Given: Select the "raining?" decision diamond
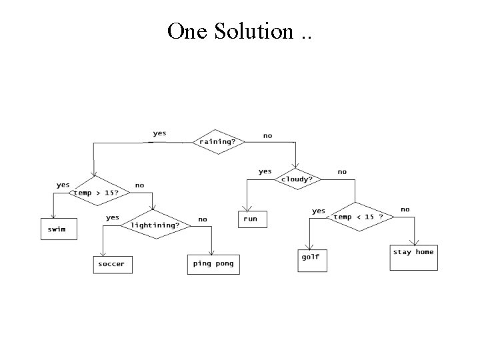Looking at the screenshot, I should (219, 142).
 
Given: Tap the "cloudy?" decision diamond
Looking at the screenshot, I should (297, 179).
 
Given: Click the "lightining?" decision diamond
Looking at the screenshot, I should (155, 225).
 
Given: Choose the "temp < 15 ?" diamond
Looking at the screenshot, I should (358, 217).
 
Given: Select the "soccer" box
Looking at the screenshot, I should (111, 264).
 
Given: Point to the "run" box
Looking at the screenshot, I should (251, 219).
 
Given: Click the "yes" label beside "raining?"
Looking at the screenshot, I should (160, 133).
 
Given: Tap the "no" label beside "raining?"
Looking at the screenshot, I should (267, 135).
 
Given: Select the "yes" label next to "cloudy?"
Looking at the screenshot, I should (265, 171).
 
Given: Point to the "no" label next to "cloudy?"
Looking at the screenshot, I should (342, 171).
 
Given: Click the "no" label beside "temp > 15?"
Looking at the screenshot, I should (139, 185).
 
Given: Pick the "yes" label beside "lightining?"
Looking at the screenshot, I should (113, 217).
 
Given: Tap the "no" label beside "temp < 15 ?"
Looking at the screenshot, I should (405, 209).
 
